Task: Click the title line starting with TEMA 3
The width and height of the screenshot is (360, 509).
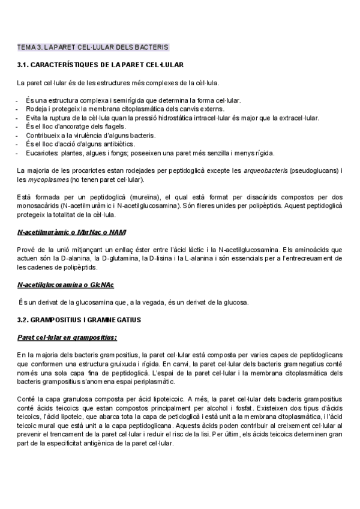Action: point(92,47)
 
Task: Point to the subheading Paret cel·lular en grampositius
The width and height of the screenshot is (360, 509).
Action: point(67,337)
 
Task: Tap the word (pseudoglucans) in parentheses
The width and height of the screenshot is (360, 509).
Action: point(312,171)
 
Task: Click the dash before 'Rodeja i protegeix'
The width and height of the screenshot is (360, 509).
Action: point(19,109)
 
